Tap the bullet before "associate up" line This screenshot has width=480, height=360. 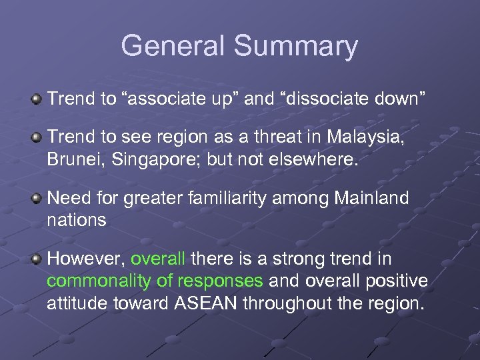(37, 99)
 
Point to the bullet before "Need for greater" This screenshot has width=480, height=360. (37, 198)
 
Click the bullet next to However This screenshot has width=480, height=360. (37, 258)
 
